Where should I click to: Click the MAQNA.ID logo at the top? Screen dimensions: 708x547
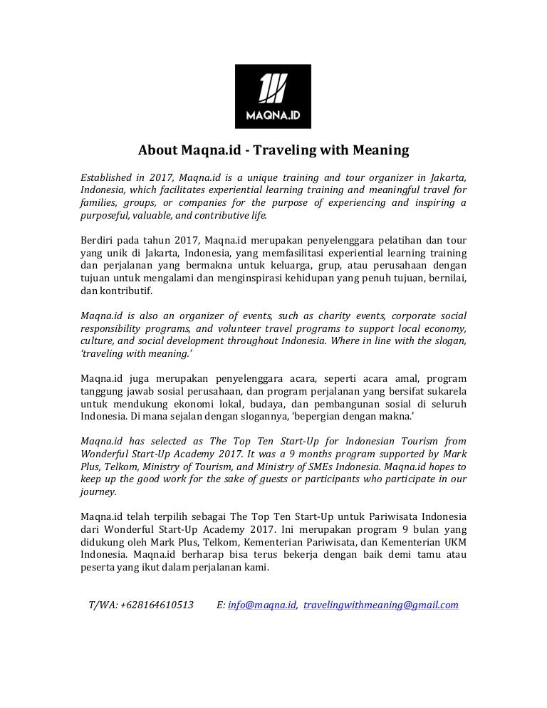pos(273,96)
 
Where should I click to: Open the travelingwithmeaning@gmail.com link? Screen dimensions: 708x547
pos(380,605)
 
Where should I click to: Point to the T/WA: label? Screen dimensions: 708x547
pos(103,605)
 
